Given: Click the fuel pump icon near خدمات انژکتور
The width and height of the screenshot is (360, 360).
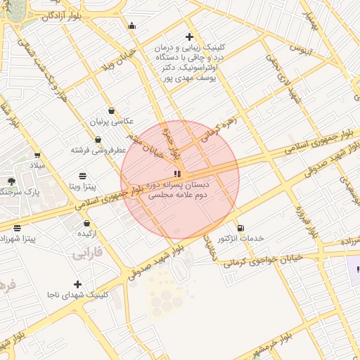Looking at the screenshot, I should [x=241, y=228].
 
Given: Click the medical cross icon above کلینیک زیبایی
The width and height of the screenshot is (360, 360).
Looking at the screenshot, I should [x=188, y=37].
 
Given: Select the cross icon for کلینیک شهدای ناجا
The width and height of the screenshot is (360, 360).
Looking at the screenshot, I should [x=78, y=284].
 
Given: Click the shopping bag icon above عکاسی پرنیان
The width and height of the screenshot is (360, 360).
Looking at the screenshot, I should [x=111, y=111].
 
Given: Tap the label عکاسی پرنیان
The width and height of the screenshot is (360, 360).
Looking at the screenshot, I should [x=111, y=122].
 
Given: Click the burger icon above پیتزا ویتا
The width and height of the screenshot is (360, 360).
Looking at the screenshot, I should [x=83, y=175].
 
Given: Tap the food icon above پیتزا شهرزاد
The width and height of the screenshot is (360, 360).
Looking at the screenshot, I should [x=18, y=228].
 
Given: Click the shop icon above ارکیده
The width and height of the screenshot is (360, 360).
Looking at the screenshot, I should [x=86, y=222].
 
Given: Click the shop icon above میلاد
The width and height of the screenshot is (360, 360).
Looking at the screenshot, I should [x=37, y=155].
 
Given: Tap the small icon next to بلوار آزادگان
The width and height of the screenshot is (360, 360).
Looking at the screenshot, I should [x=131, y=27].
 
